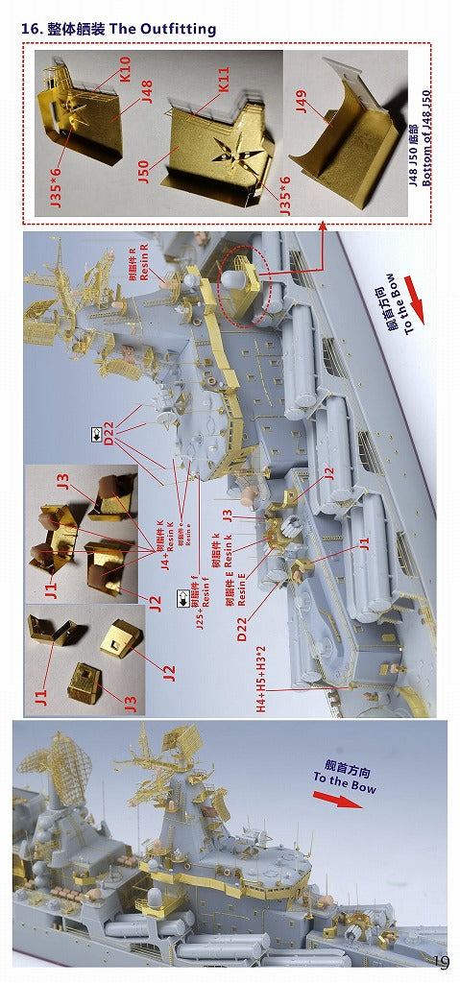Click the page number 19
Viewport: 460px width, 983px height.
click(x=440, y=964)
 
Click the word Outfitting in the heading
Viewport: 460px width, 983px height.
click(x=178, y=30)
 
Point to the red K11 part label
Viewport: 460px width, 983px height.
click(x=223, y=96)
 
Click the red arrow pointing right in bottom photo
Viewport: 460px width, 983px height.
click(x=339, y=800)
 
